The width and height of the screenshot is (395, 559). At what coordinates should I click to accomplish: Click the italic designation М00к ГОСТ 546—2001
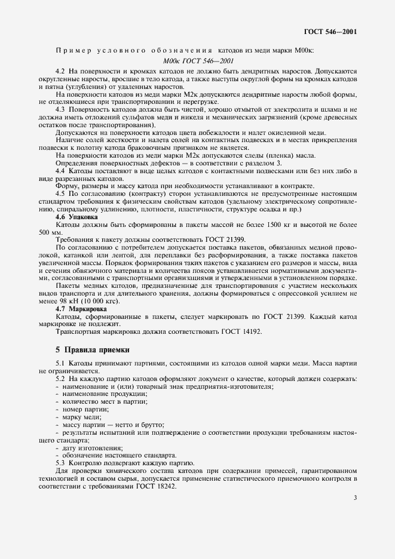tap(197, 60)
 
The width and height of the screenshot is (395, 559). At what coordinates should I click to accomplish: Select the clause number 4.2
tap(60, 70)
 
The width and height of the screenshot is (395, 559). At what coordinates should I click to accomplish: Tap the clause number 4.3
tap(60, 109)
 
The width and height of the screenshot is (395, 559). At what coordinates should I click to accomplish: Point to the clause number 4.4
tap(60, 171)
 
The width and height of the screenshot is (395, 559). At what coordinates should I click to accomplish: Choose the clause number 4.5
tap(60, 193)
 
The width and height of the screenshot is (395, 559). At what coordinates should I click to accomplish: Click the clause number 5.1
tap(60, 364)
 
